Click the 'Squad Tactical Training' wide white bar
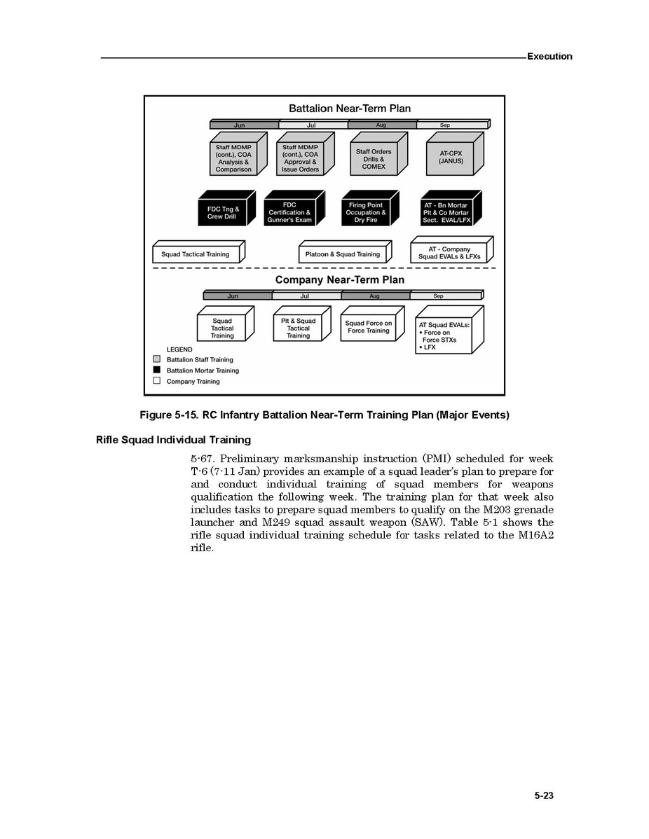(196, 254)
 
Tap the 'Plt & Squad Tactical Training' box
(298, 328)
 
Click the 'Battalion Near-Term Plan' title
(350, 109)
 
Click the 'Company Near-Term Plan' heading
(339, 279)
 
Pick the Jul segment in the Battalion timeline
(311, 125)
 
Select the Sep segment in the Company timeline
(438, 296)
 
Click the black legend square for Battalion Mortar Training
(157, 370)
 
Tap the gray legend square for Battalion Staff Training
(157, 359)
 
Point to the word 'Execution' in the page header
(549, 56)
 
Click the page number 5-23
(544, 796)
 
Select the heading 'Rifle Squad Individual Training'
(173, 440)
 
